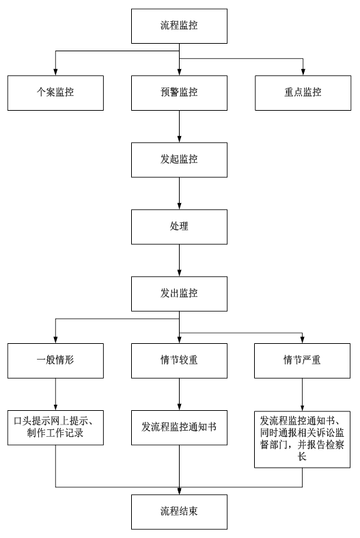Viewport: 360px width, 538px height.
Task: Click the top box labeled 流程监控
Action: (x=179, y=26)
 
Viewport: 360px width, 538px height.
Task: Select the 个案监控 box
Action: (x=55, y=92)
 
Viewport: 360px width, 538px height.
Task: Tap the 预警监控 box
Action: (x=179, y=92)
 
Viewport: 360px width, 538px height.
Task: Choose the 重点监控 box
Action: (x=302, y=92)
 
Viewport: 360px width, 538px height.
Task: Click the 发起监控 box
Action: (x=179, y=159)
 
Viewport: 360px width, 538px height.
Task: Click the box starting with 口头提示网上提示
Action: (x=55, y=426)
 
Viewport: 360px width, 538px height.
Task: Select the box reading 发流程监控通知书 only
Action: (x=179, y=426)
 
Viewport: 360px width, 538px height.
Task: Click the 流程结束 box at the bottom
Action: (x=179, y=511)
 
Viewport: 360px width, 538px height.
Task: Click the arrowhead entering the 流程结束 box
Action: (x=179, y=490)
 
